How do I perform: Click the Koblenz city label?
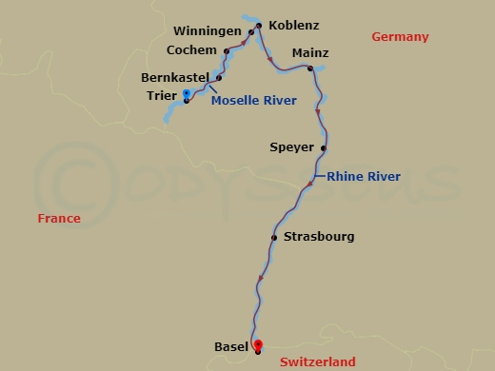295,26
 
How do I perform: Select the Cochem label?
192,49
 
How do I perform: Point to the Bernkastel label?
174,77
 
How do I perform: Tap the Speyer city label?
290,147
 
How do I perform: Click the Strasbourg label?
320,237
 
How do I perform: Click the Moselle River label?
253,100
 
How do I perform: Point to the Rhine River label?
364,177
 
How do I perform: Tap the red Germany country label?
401,37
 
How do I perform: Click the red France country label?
59,219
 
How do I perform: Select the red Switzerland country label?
318,361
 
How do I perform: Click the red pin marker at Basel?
257,345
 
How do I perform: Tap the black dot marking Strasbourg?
274,238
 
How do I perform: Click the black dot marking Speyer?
325,148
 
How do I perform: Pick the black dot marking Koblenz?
260,26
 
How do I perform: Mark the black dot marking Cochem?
227,50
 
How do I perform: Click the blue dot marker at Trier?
187,93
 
